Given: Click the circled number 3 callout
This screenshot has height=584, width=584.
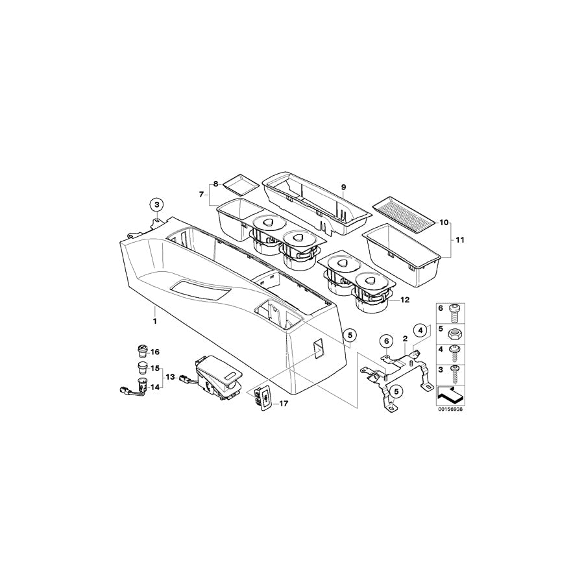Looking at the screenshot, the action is pyautogui.click(x=157, y=204).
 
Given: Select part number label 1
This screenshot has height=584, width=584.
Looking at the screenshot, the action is pyautogui.click(x=154, y=321).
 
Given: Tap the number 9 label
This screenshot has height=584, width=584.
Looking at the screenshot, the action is pyautogui.click(x=343, y=187).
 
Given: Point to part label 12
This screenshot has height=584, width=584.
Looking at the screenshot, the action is pyautogui.click(x=404, y=300).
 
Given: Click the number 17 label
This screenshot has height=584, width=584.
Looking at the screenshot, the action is pyautogui.click(x=284, y=404).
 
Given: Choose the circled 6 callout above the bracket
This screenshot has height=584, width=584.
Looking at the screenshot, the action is pyautogui.click(x=386, y=341).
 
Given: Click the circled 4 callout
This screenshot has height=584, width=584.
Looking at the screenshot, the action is pyautogui.click(x=420, y=330).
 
